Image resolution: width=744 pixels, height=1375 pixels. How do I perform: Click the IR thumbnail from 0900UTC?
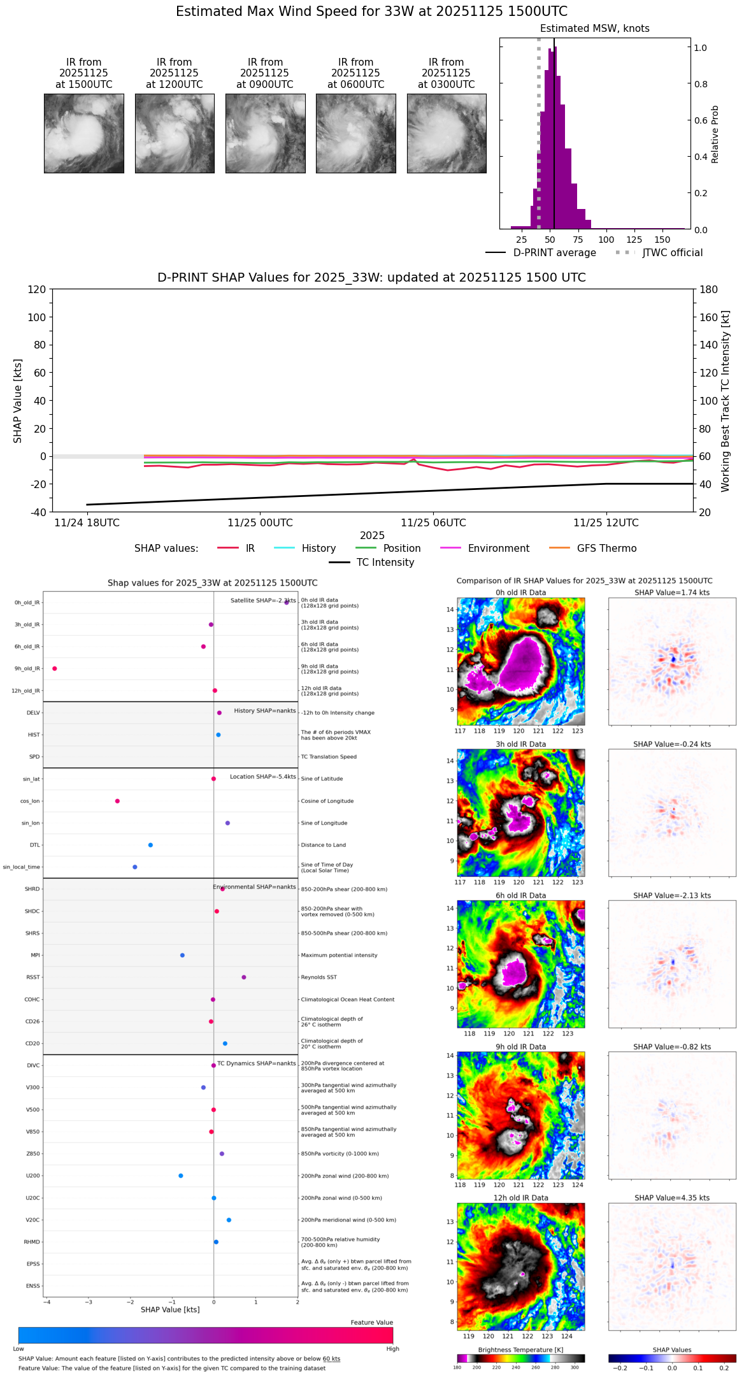[265, 133]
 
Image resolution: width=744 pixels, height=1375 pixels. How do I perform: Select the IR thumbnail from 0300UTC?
[447, 133]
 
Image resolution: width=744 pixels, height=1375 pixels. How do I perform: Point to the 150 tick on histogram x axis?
[662, 240]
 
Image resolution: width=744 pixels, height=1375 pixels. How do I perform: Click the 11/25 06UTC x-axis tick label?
[433, 523]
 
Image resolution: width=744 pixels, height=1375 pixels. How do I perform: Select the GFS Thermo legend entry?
[606, 549]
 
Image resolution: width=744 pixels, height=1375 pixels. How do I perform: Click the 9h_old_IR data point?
[55, 668]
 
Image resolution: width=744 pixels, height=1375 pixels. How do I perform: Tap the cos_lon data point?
[117, 801]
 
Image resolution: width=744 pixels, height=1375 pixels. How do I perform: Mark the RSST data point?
[244, 977]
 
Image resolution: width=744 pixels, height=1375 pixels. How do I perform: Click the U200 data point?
[181, 1176]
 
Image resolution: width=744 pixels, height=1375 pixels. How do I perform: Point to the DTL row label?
[34, 846]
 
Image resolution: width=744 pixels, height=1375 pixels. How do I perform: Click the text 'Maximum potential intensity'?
[339, 956]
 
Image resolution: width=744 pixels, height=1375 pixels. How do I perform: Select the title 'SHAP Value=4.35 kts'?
[672, 1198]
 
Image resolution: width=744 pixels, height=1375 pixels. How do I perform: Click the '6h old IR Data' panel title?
[520, 895]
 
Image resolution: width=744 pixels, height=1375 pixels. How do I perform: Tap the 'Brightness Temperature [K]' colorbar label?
[520, 1350]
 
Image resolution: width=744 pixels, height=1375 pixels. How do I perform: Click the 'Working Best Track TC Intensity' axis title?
[726, 401]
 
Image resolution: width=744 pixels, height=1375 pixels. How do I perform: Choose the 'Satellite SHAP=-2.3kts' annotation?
[263, 600]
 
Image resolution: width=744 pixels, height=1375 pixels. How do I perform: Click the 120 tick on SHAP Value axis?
[36, 289]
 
